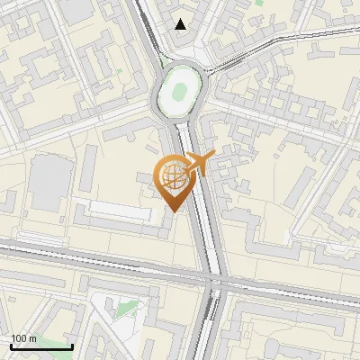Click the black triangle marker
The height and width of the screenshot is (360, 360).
click(182, 24)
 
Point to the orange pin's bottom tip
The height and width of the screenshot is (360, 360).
click(173, 212)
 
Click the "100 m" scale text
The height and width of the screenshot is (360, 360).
click(24, 338)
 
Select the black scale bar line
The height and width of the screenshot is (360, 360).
click(41, 346)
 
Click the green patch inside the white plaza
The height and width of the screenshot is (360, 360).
click(127, 311)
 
